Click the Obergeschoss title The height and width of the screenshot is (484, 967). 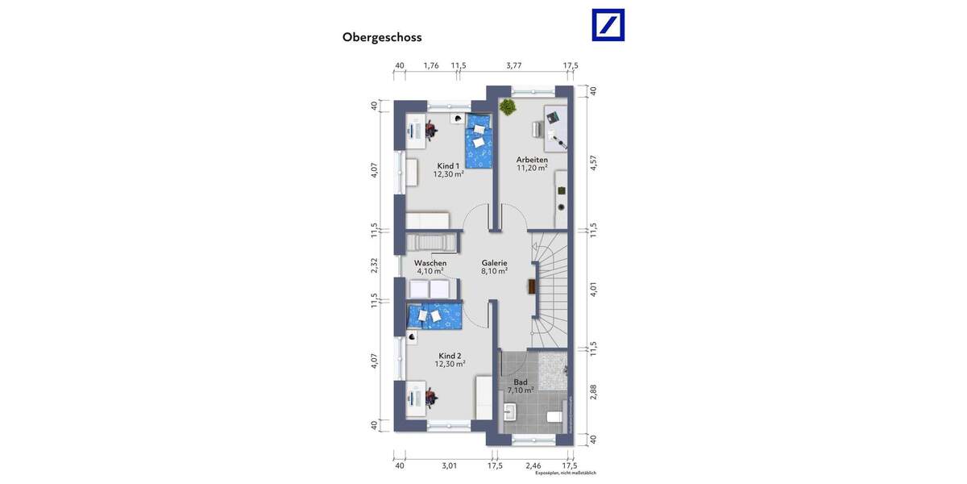pyautogui.click(x=382, y=37)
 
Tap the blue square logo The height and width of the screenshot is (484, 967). pyautogui.click(x=608, y=25)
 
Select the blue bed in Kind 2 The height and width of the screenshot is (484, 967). pyautogui.click(x=435, y=316)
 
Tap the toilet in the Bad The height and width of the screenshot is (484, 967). pyautogui.click(x=554, y=417)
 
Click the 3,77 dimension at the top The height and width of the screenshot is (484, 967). pyautogui.click(x=513, y=65)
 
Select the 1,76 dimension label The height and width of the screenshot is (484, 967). pyautogui.click(x=431, y=65)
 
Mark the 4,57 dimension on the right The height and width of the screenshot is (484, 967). pyautogui.click(x=592, y=163)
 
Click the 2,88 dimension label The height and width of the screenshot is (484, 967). pyautogui.click(x=592, y=392)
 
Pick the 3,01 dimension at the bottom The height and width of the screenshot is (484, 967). pyautogui.click(x=449, y=465)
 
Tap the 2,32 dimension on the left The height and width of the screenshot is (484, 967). pyautogui.click(x=375, y=265)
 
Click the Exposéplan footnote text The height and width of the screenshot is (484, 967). pyautogui.click(x=571, y=474)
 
